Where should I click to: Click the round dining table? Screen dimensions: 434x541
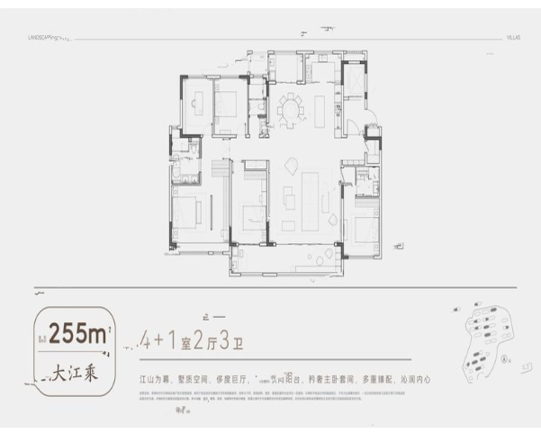(290, 110)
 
